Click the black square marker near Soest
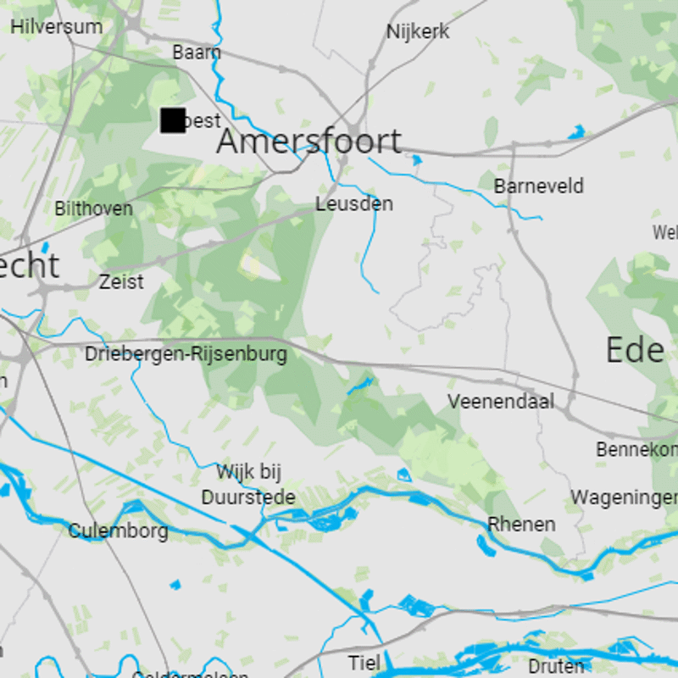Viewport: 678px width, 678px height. click(x=173, y=120)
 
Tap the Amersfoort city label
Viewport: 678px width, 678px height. click(x=308, y=141)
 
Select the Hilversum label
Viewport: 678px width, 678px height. click(x=56, y=26)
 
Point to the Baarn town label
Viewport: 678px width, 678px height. click(x=197, y=53)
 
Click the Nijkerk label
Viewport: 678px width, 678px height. click(x=418, y=32)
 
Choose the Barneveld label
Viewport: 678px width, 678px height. click(x=538, y=186)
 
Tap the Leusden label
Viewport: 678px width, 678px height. click(x=354, y=204)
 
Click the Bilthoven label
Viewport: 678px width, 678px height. click(x=93, y=208)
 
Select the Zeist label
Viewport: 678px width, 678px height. click(x=121, y=281)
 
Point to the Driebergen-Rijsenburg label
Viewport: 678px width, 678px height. click(x=186, y=354)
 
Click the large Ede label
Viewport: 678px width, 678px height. click(x=635, y=350)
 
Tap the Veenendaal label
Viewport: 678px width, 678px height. click(x=501, y=401)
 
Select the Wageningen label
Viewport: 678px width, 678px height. click(x=624, y=497)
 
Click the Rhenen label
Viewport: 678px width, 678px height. click(x=521, y=524)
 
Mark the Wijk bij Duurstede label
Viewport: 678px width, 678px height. click(x=248, y=485)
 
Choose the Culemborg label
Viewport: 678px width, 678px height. click(x=118, y=531)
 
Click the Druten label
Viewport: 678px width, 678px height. click(x=556, y=666)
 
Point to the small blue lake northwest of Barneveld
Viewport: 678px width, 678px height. click(x=416, y=159)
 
